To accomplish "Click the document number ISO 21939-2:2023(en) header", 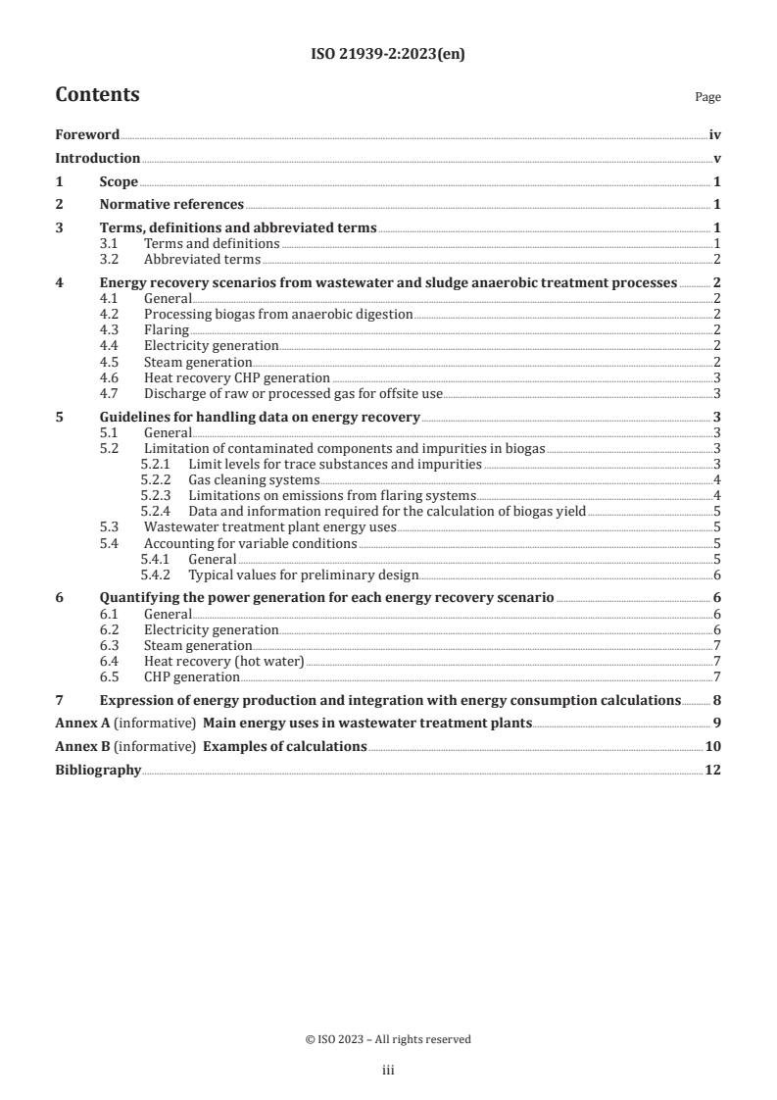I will point(388,55).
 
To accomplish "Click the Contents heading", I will point(97,95).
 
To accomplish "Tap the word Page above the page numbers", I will point(707,97).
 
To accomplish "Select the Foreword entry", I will point(87,135).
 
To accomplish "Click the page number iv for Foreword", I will point(715,135).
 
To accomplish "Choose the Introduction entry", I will point(97,158).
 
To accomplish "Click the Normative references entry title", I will point(171,204).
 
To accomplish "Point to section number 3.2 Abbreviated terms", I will point(114,259).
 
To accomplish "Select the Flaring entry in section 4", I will point(167,330).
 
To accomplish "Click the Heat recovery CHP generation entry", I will point(236,377).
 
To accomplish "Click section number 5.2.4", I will point(157,511).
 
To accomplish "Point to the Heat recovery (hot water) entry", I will point(224,661).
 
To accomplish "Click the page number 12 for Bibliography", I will point(714,770).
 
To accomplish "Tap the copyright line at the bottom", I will point(388,1039).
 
